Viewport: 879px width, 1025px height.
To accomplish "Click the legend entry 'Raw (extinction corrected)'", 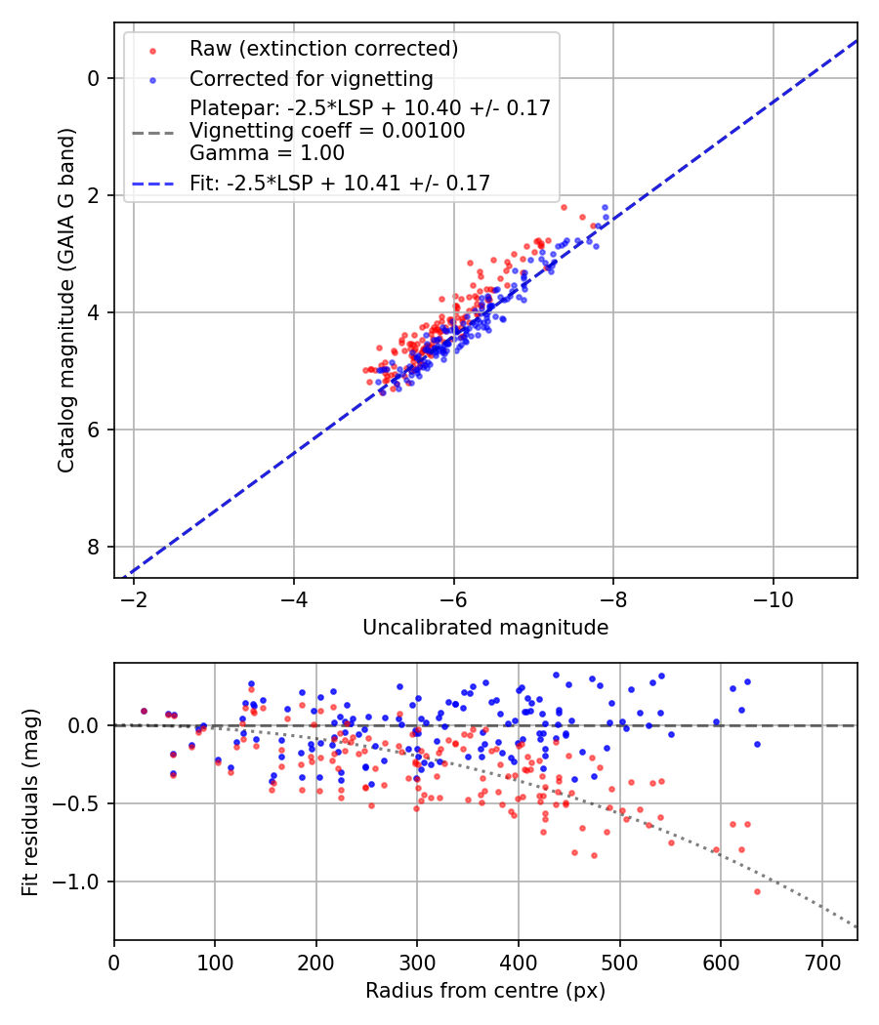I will (x=323, y=49).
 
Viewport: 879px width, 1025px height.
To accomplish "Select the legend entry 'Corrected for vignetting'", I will (x=312, y=78).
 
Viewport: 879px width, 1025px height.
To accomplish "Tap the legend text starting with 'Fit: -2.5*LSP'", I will (x=340, y=183).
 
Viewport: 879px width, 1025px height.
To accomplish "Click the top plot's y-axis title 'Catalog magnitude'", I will (x=66, y=301).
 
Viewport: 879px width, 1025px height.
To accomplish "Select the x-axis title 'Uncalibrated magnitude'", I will (x=485, y=628).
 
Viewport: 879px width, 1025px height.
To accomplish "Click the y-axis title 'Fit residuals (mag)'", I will (x=30, y=802).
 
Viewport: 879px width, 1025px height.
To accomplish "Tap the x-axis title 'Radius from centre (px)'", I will (x=485, y=991).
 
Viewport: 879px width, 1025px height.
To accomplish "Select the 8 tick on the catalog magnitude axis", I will (x=94, y=547).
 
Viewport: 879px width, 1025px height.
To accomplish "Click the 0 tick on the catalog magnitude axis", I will (x=94, y=78).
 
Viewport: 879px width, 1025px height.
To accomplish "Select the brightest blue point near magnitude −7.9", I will (x=605, y=207).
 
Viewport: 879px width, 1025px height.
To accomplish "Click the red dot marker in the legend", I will (x=151, y=50).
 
